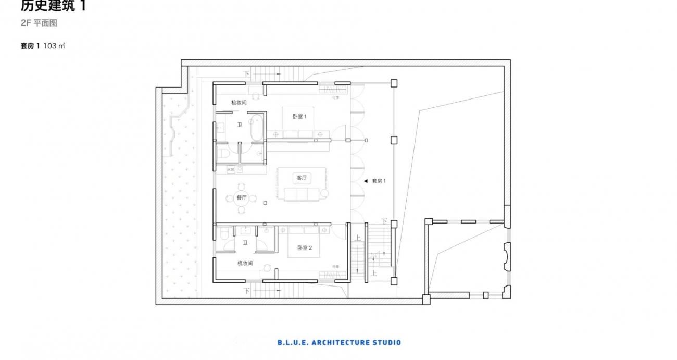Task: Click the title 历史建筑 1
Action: click(53, 6)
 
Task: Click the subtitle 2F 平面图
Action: click(39, 23)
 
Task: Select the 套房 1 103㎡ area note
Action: click(42, 46)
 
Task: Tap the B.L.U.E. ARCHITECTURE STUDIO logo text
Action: click(339, 342)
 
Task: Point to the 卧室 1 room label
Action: click(299, 117)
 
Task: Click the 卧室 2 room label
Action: click(305, 248)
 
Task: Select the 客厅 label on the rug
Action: click(302, 178)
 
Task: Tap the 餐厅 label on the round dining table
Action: click(241, 197)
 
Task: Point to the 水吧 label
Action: click(231, 170)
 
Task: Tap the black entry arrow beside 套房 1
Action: click(366, 181)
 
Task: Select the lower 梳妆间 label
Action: click(245, 263)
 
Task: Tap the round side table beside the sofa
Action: click(325, 194)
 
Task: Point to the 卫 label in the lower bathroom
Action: click(245, 242)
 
